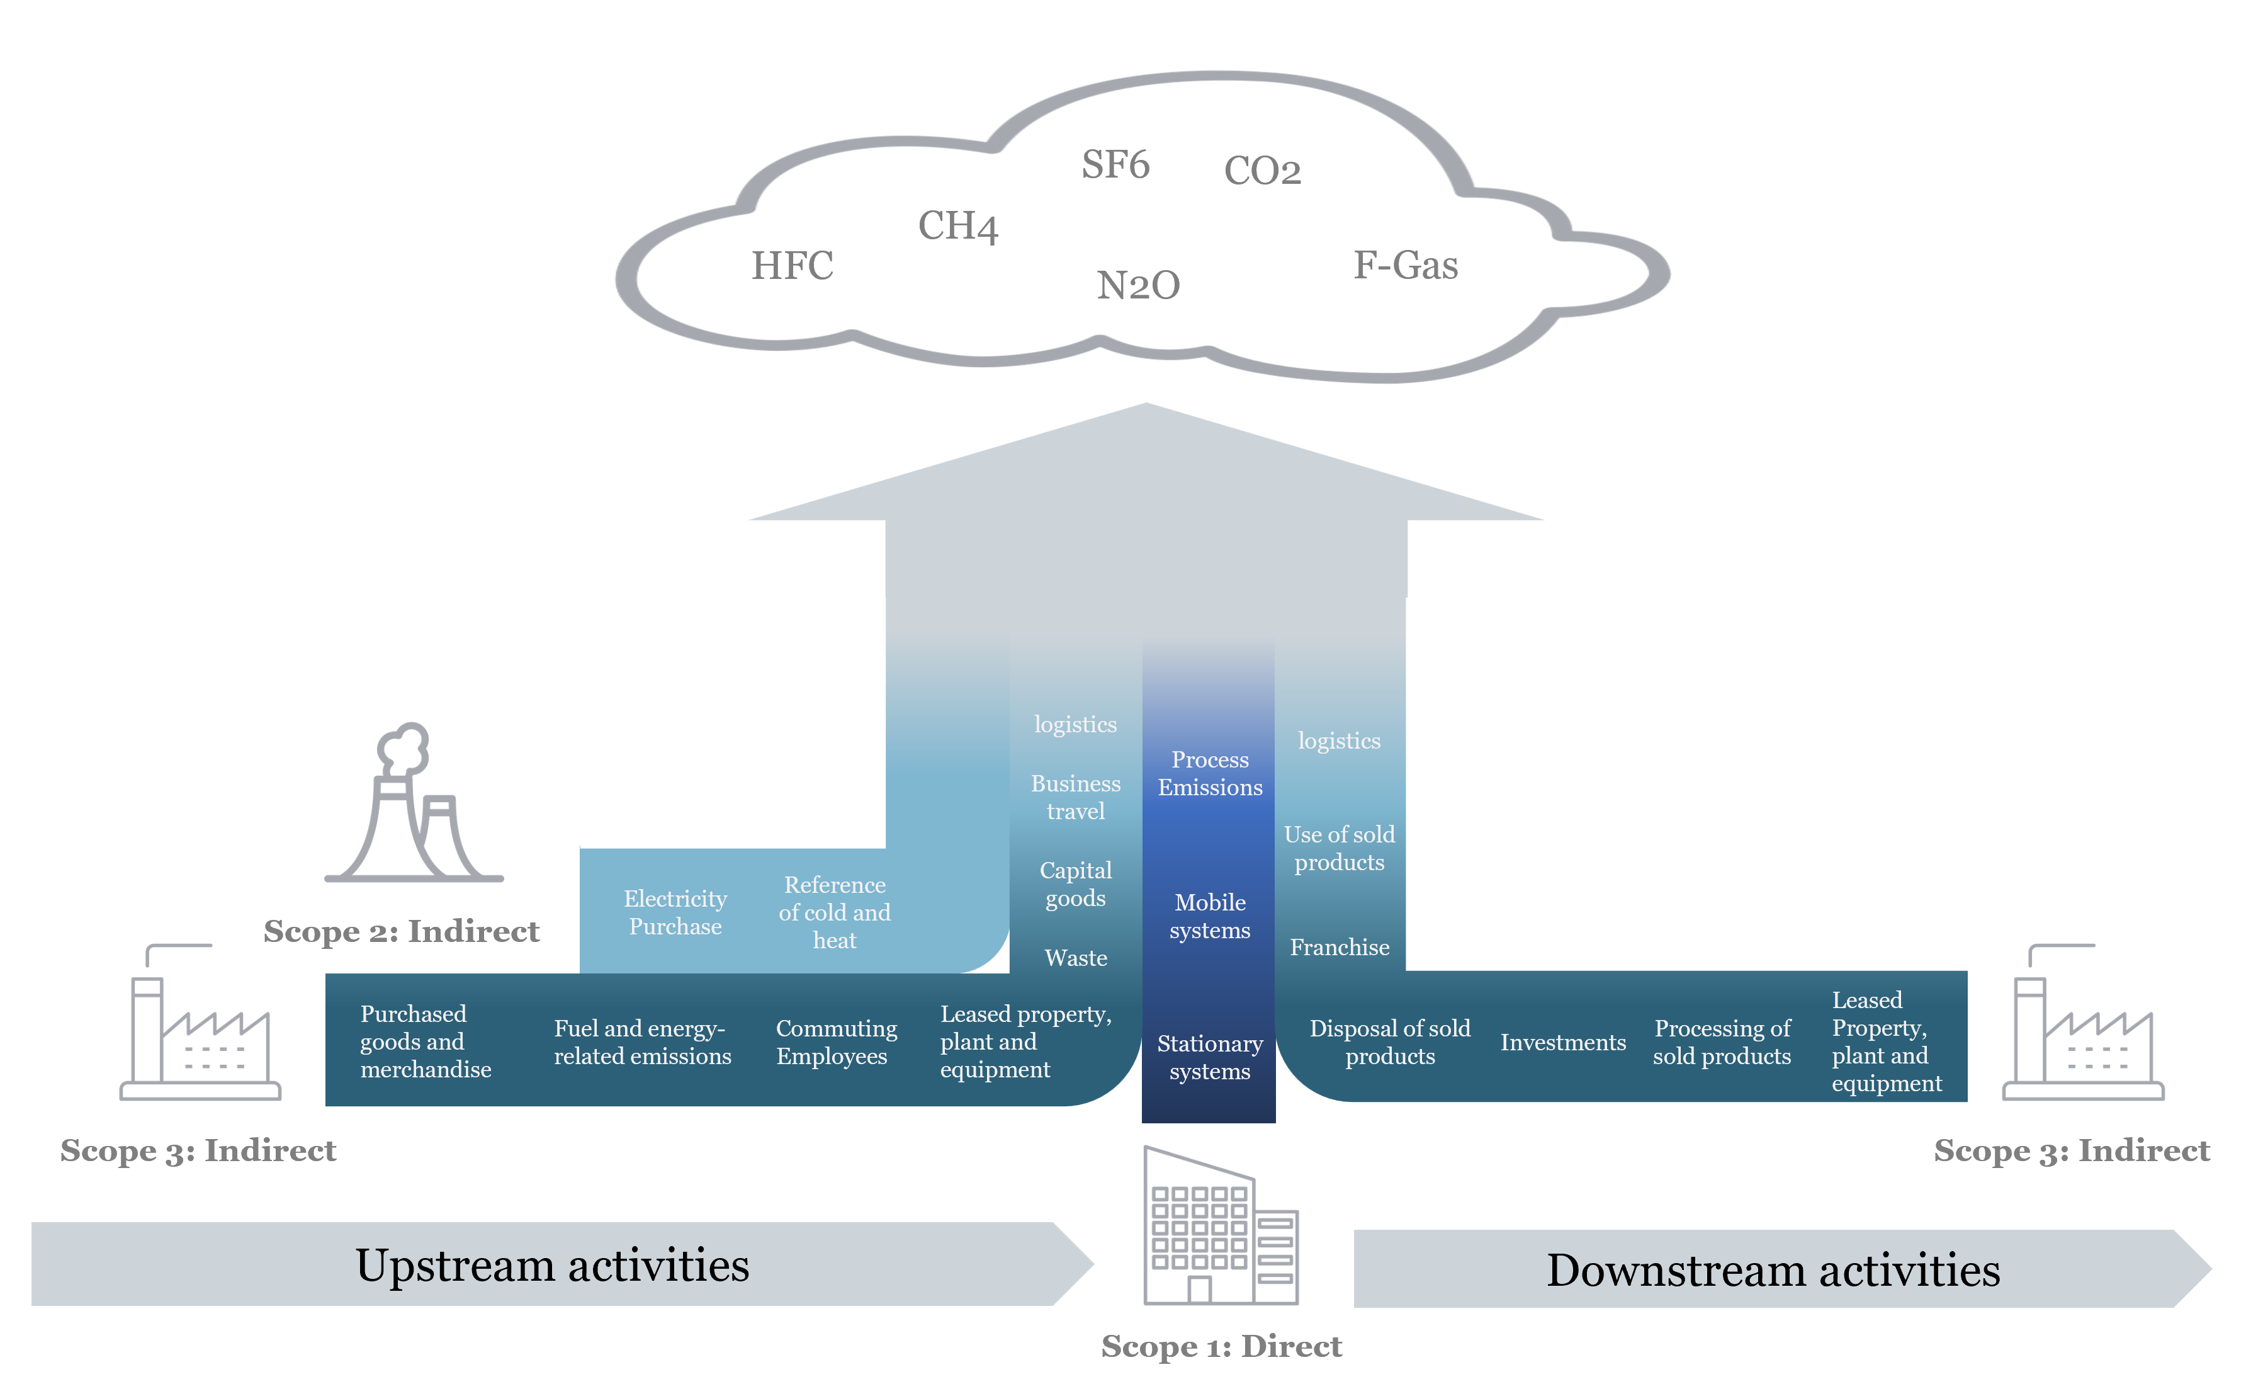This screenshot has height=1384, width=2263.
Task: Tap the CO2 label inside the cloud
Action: pos(1262,171)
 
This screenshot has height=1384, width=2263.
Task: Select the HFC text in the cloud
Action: pos(792,266)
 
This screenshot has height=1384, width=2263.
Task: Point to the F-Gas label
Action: pos(1405,266)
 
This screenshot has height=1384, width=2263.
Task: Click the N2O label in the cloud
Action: pos(1138,286)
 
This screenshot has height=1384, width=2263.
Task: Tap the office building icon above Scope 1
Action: pos(1220,1226)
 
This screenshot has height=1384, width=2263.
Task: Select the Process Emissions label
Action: pos(1210,773)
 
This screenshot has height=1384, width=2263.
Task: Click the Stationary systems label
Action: pos(1210,1057)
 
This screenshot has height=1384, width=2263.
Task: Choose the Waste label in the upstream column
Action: pos(1076,958)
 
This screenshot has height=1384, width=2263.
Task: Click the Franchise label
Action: pos(1339,947)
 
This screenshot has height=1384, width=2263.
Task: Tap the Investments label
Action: pos(1562,1042)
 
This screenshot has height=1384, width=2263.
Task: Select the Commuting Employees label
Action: pos(836,1042)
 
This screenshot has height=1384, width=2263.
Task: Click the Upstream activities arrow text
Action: pos(552,1266)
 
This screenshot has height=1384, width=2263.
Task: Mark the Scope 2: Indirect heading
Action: pos(402,931)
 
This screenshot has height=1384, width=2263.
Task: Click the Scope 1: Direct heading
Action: pos(1221,1346)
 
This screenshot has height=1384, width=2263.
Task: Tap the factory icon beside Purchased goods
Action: pos(200,1024)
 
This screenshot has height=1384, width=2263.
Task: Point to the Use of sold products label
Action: pos(1339,848)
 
